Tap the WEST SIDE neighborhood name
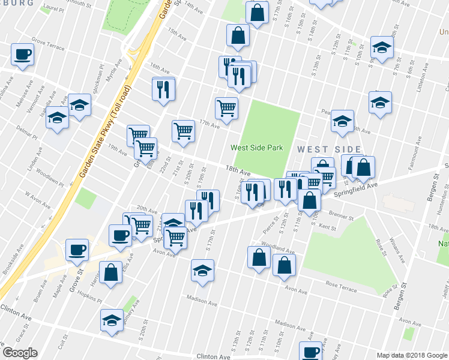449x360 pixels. point(328,149)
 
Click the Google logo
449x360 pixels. point(20,353)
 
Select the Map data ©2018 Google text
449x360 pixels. point(411,355)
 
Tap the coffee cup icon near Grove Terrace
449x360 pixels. point(22,55)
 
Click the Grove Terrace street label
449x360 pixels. point(47,44)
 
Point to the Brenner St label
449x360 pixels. point(341,217)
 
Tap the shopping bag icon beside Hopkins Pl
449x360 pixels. point(111,273)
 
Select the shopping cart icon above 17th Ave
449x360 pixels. point(226,109)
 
